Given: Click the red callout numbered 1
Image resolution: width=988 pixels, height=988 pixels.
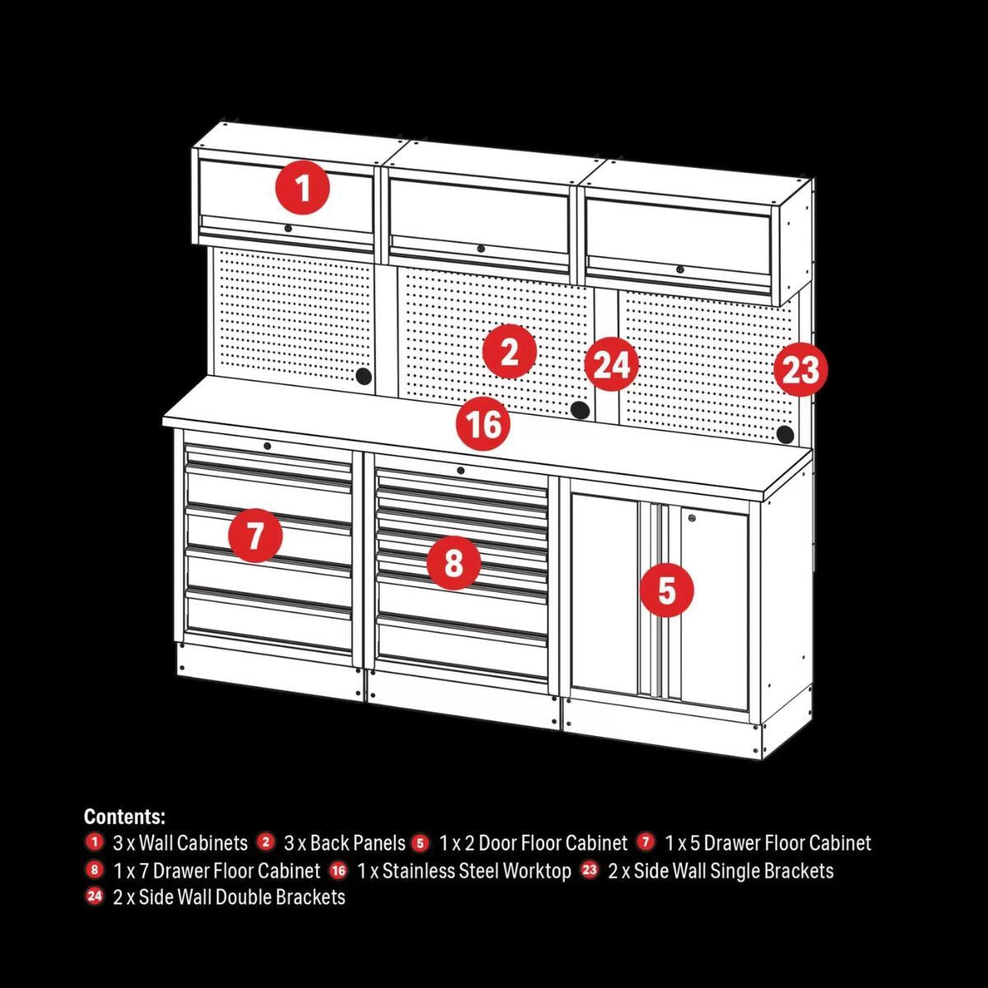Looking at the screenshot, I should [303, 189].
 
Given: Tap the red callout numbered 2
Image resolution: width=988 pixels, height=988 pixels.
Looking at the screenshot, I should [510, 352].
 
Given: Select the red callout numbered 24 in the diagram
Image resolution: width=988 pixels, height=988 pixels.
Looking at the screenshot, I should [612, 365].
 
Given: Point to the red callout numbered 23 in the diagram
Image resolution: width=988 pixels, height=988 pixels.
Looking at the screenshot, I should [799, 370].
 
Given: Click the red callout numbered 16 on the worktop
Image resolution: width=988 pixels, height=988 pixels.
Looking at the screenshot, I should [483, 424].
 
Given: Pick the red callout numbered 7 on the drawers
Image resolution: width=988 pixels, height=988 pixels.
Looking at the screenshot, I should [255, 536].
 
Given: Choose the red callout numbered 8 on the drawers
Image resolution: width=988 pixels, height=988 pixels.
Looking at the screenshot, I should [454, 564].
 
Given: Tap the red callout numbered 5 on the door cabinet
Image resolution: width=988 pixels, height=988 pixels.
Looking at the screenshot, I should [666, 590].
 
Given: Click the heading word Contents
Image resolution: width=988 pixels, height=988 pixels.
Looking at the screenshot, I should [124, 817].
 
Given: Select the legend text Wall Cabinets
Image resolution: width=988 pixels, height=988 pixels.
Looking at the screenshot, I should [193, 843].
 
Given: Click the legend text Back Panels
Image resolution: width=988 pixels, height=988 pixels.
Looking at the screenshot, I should [345, 843].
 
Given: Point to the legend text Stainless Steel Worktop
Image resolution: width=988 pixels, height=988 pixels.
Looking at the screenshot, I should [477, 871].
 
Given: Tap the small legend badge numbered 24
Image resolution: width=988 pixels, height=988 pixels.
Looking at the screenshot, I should [95, 897].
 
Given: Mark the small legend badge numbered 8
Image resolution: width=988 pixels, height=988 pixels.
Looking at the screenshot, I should [95, 869].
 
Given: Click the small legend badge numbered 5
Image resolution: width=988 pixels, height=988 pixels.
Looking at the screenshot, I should [421, 842].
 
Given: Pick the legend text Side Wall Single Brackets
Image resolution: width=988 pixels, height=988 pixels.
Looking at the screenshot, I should [721, 871].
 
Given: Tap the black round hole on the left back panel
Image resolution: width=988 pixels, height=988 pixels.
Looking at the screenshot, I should [362, 376].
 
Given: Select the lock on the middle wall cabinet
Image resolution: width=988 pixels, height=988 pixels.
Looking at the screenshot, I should [480, 249].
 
